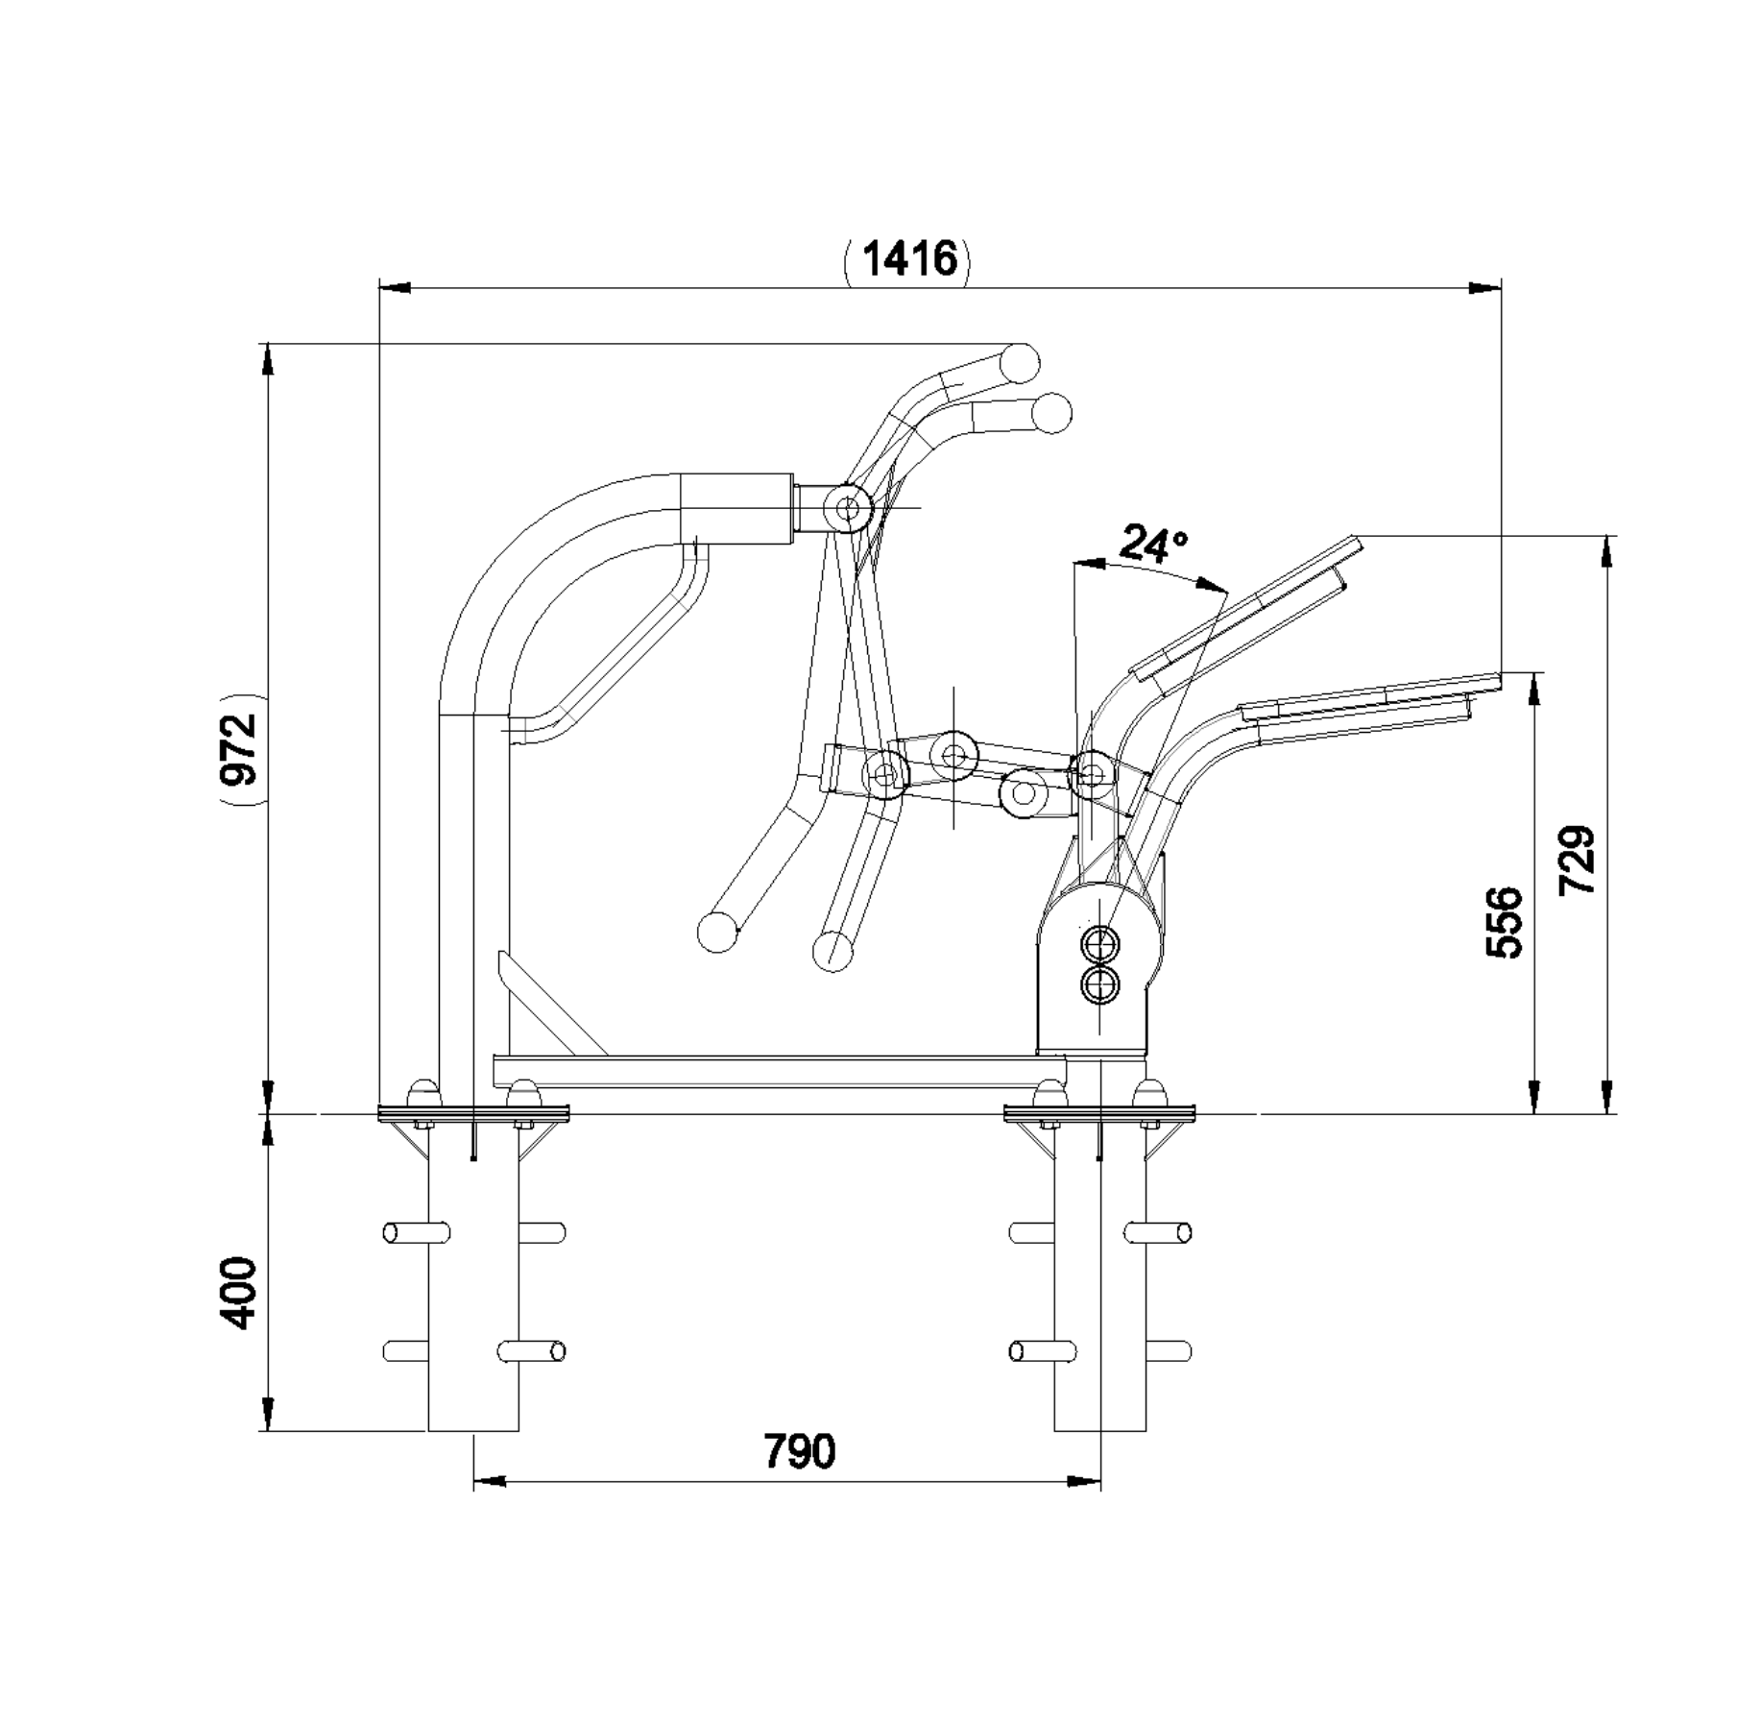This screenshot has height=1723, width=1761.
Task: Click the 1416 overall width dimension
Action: (x=910, y=258)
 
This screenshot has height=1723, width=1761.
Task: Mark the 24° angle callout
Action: (x=1153, y=544)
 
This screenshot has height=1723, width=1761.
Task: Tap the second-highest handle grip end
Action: (x=1051, y=414)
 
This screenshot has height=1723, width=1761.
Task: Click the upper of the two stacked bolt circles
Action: (x=1099, y=943)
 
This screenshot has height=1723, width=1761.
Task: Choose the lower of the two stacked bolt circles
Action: (x=1099, y=984)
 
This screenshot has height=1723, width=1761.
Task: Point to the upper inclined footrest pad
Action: (x=1246, y=611)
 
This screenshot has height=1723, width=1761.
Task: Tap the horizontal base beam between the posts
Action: (x=780, y=1071)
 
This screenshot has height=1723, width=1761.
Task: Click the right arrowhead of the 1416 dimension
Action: (x=1485, y=287)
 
